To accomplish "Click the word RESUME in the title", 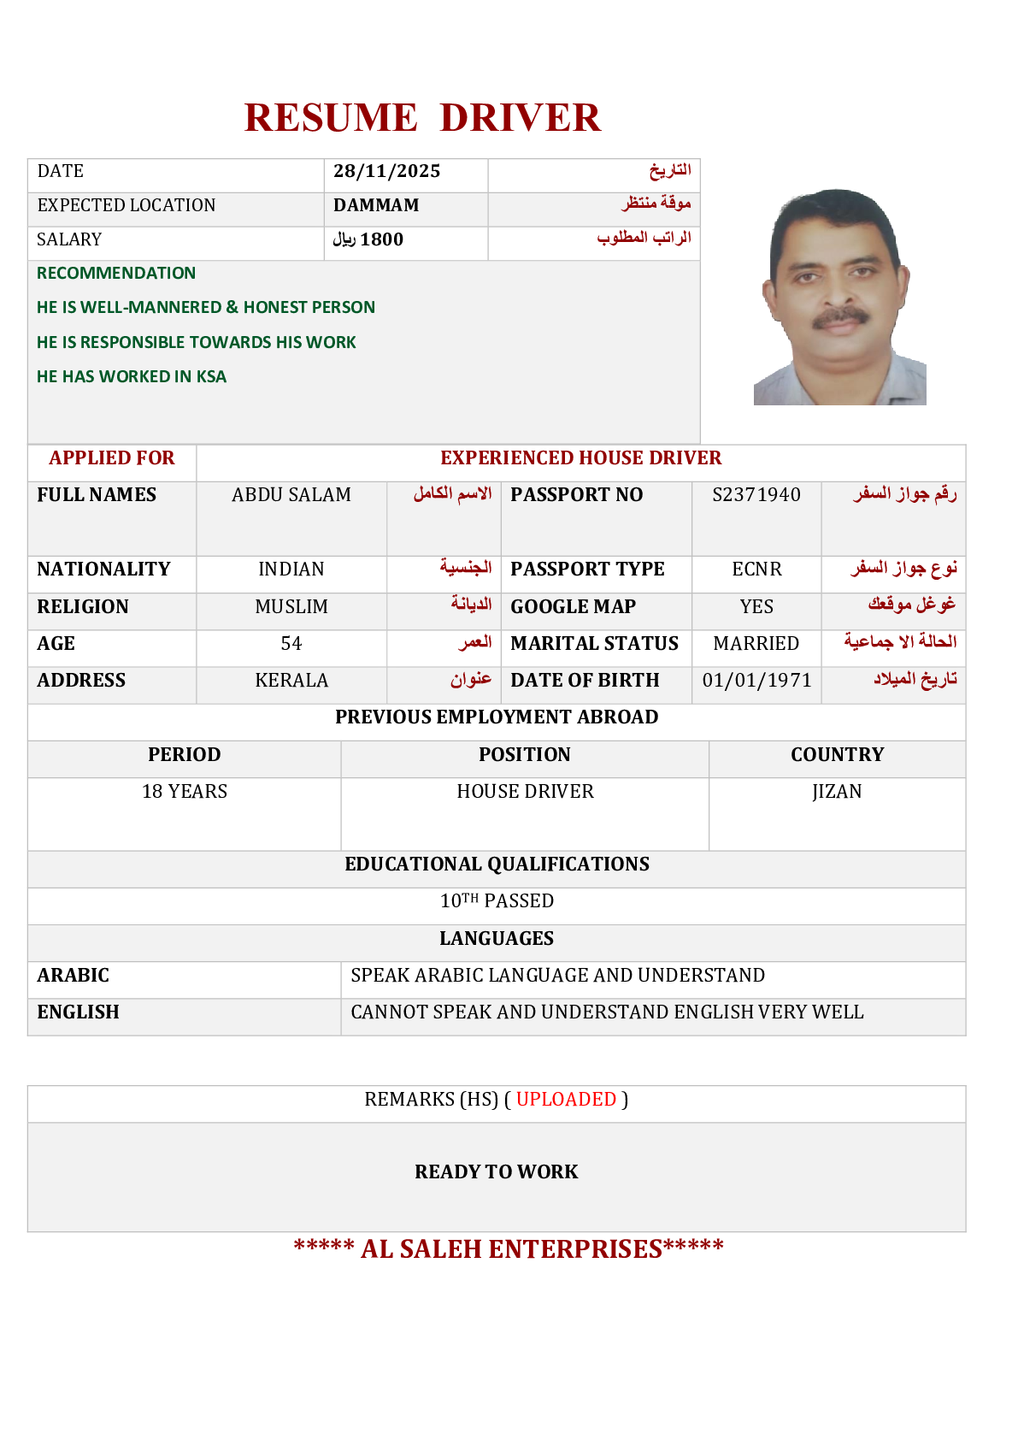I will (331, 118).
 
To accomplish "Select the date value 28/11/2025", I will (386, 171).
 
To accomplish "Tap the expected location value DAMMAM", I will (376, 205).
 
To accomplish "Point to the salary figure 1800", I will (381, 239).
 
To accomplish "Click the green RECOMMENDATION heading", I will (116, 273).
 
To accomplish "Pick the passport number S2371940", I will (756, 494).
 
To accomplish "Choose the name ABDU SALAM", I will (291, 494).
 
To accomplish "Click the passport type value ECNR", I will (756, 569).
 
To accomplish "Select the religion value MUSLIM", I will (291, 606).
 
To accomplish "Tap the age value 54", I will (291, 643).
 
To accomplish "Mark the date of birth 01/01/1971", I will (756, 680).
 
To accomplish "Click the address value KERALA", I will (291, 680).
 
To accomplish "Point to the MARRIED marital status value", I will (756, 643).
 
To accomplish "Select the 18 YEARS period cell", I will (185, 791).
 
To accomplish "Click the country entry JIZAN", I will (837, 791).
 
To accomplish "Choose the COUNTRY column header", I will (837, 754).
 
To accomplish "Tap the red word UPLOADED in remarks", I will (566, 1099).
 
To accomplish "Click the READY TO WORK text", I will (497, 1171).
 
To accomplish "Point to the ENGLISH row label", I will (78, 1012).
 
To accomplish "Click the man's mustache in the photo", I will (840, 318).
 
